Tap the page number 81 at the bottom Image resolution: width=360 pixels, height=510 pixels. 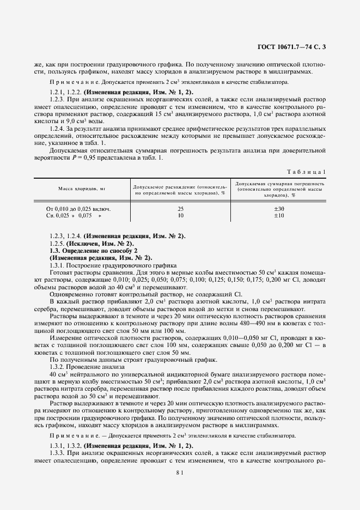[180, 473]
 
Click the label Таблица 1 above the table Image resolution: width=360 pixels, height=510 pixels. [308, 172]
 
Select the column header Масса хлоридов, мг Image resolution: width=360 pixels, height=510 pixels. [82, 188]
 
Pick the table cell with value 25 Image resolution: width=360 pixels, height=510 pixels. [180, 209]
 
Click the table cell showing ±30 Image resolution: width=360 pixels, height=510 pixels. [278, 209]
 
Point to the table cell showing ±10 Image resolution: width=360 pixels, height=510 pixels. [278, 215]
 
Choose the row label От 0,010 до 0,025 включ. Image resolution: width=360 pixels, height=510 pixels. [80, 209]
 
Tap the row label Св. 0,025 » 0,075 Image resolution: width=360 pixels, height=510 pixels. [75, 216]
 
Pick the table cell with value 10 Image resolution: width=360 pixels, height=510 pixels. [180, 215]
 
